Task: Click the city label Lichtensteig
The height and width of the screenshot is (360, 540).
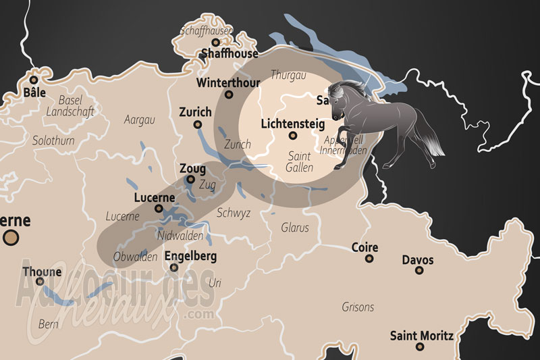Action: pos(292,124)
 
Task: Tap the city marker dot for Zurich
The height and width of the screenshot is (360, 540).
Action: pos(197,124)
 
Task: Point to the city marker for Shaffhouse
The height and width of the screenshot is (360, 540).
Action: pos(216,42)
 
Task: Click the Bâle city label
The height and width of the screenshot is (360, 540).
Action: pos(32,92)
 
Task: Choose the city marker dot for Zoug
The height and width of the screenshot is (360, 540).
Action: pos(191,180)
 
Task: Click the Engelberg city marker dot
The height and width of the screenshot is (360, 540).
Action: pos(174,267)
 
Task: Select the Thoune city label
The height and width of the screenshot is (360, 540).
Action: pos(42,272)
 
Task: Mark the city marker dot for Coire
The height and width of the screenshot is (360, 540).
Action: pos(369,258)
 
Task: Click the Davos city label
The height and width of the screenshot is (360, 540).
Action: pos(418,259)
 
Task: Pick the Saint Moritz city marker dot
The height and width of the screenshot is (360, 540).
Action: pos(420,346)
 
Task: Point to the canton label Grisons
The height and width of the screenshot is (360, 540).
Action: pos(358,307)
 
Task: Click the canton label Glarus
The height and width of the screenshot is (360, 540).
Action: pos(295,228)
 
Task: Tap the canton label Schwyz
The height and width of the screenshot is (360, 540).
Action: pos(234,213)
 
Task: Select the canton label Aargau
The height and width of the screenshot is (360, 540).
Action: pos(140,120)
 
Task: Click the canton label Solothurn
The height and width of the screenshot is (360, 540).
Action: pos(52,140)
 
